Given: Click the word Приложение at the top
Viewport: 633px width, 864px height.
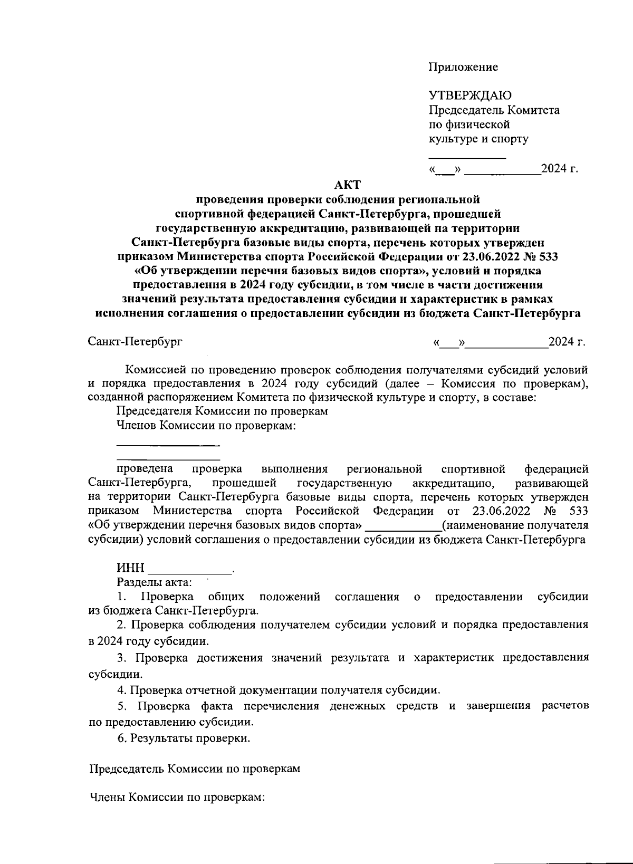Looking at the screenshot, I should pos(463,67).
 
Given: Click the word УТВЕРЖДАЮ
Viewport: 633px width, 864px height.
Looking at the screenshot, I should pos(469,95).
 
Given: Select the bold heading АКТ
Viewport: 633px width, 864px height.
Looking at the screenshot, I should pos(347,185).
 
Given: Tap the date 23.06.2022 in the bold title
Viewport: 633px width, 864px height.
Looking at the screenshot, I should pos(492,257).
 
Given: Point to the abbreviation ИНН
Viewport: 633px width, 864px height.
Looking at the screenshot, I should pos(130,568).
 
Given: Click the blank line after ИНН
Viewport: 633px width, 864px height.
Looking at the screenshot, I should pos(191,571).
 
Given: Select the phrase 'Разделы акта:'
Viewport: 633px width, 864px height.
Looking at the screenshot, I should pos(154,583).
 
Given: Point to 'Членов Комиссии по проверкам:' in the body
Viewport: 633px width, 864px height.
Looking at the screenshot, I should pos(205,426).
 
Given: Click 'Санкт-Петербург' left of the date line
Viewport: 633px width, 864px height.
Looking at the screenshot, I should pos(135,342).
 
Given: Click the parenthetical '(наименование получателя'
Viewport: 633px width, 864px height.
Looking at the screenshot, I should pos(515,525).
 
